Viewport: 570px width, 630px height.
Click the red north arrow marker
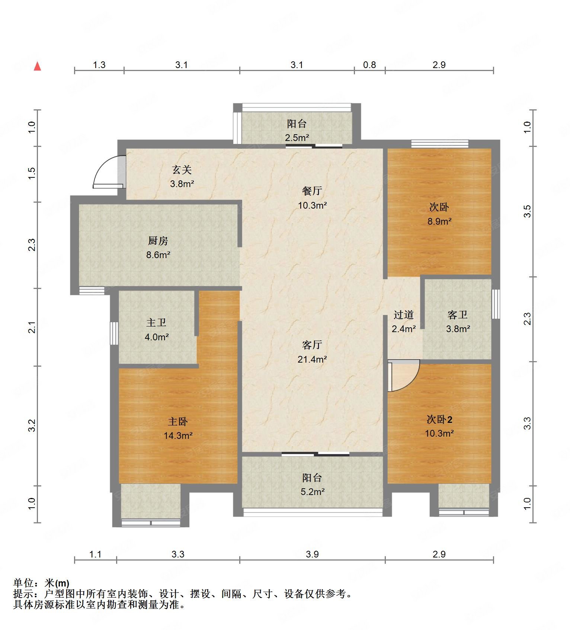click(x=37, y=66)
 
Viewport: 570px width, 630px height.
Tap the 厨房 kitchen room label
click(x=158, y=241)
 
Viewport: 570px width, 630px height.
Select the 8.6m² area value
click(x=158, y=255)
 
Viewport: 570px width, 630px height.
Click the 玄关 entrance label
click(x=182, y=170)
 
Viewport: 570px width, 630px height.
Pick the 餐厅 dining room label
click(x=312, y=191)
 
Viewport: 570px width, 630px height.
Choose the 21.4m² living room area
click(x=312, y=359)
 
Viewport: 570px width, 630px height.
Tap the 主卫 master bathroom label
click(x=156, y=322)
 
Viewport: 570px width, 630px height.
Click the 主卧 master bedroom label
click(x=178, y=421)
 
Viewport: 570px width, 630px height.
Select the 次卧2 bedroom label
click(x=439, y=420)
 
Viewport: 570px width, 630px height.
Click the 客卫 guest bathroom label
click(x=457, y=315)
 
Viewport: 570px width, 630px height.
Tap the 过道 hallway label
click(x=403, y=315)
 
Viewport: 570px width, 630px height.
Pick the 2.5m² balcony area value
click(x=297, y=138)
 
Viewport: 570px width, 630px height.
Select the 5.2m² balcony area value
click(x=313, y=492)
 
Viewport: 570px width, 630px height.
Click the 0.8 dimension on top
click(x=369, y=65)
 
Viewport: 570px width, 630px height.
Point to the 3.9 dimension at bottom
click(x=312, y=555)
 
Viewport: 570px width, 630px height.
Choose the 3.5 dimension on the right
click(x=527, y=211)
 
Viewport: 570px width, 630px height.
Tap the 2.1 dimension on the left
click(x=32, y=327)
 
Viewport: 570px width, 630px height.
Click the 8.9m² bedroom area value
click(x=439, y=222)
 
